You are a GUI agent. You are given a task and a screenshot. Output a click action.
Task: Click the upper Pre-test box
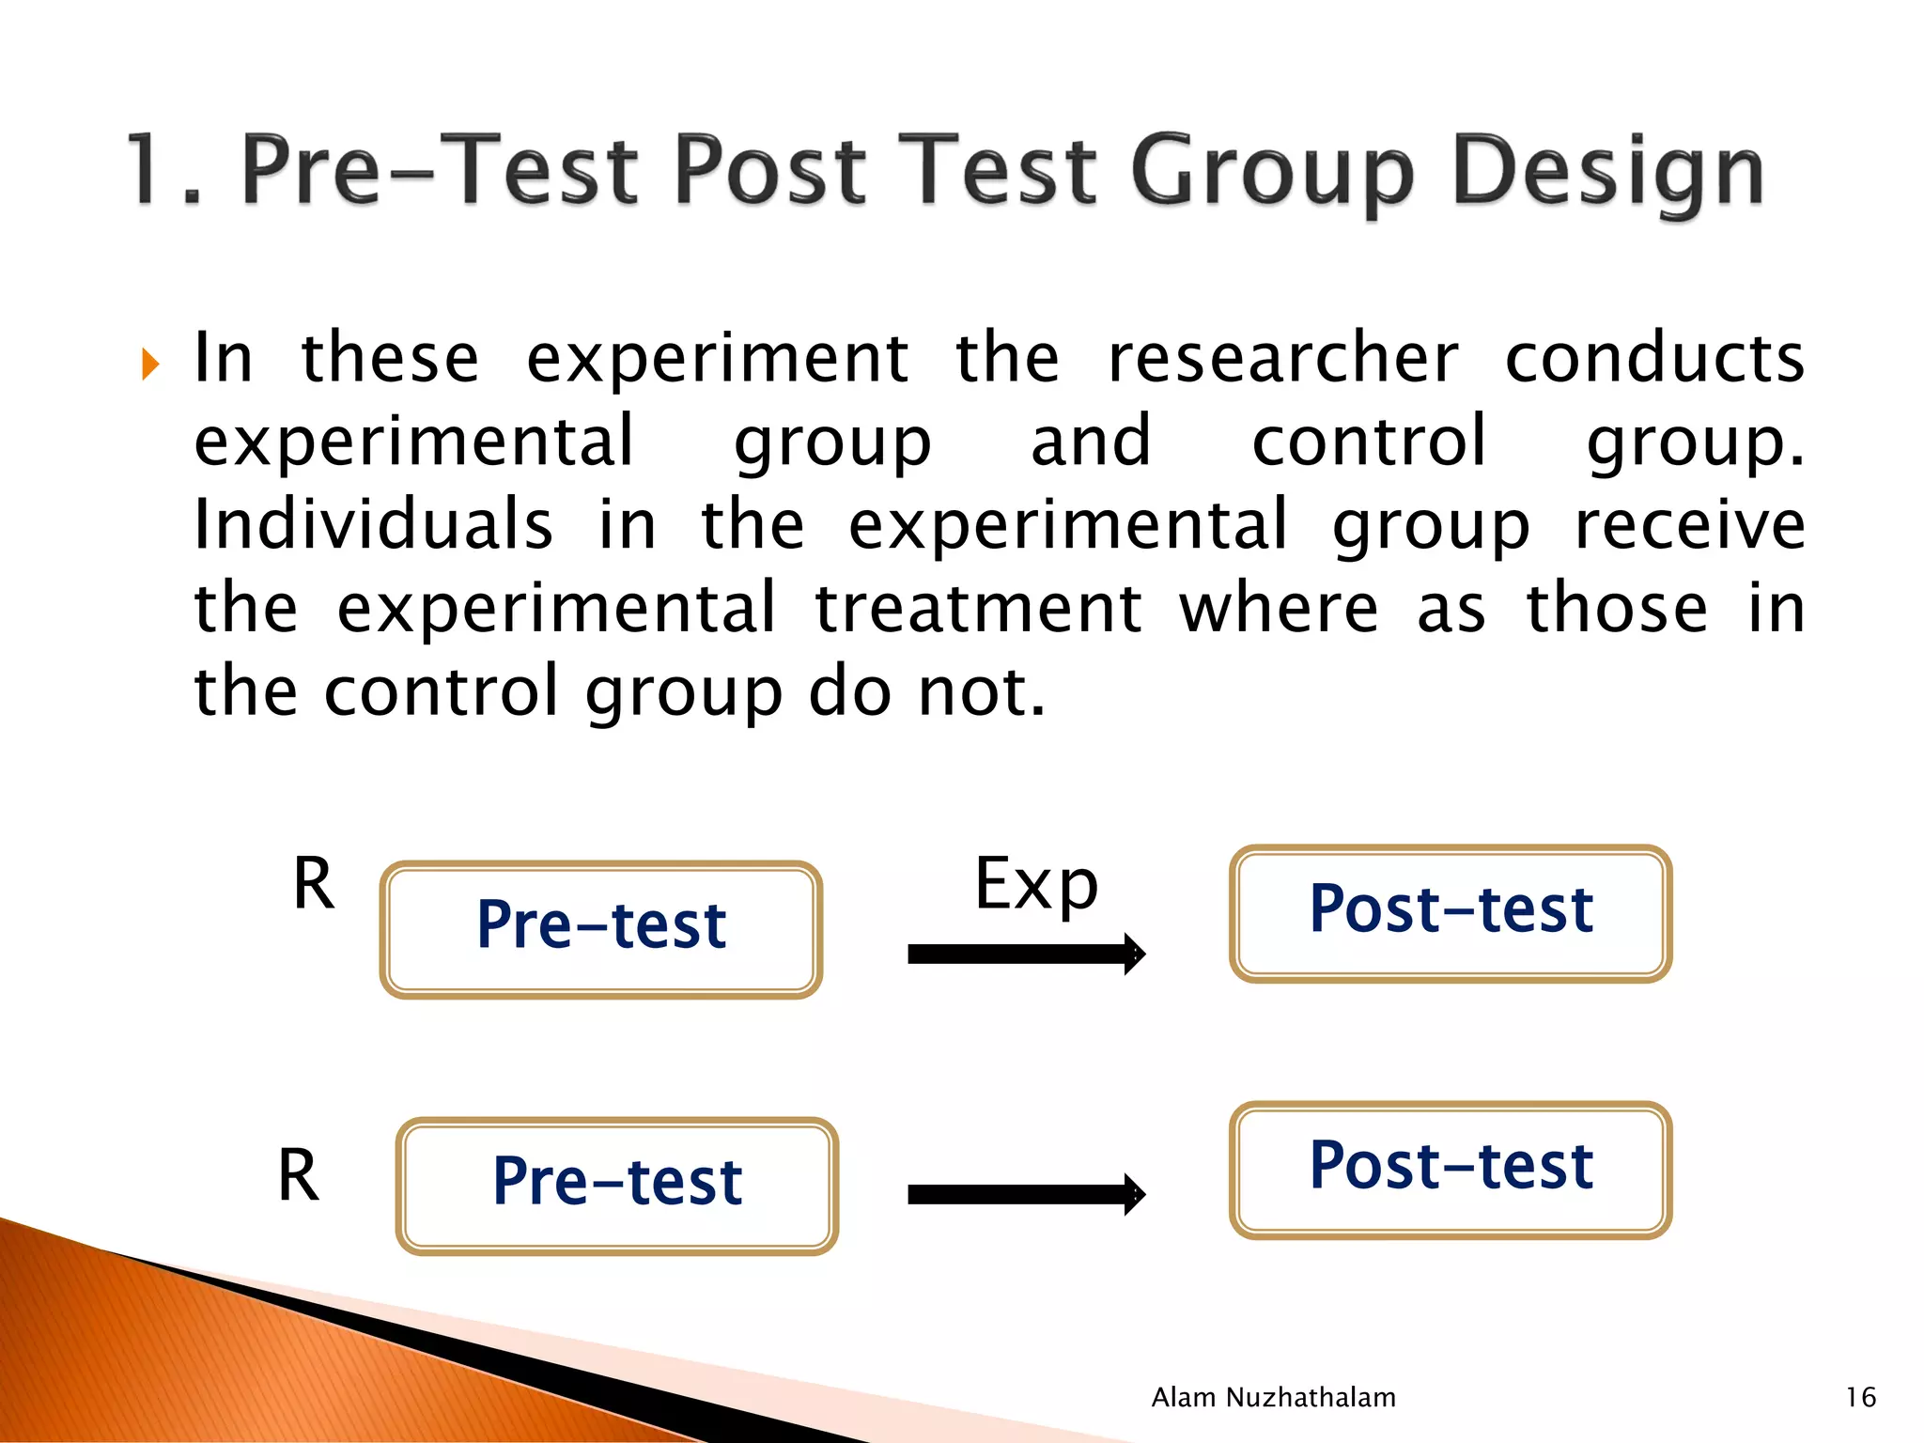601,928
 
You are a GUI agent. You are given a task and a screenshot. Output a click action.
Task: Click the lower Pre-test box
617,1185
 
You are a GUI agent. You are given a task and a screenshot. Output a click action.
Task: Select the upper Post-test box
1451,912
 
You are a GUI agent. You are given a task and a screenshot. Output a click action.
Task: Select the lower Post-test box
1451,1169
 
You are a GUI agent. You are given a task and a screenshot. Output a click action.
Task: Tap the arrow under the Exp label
1024,954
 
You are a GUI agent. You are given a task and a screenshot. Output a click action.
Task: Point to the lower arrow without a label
1024,1194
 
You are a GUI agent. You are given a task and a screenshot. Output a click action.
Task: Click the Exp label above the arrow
1035,885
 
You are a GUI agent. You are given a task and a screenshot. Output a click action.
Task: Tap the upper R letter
314,884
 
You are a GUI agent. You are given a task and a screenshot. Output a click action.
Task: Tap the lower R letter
299,1175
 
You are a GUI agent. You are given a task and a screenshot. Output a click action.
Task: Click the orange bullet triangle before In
150,364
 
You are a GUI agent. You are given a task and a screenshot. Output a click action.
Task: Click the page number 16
1860,1397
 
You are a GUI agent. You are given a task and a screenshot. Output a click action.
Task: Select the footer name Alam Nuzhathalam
1273,1397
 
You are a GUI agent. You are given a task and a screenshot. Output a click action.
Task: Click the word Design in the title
1607,172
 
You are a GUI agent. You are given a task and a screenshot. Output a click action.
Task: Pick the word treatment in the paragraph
978,608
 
